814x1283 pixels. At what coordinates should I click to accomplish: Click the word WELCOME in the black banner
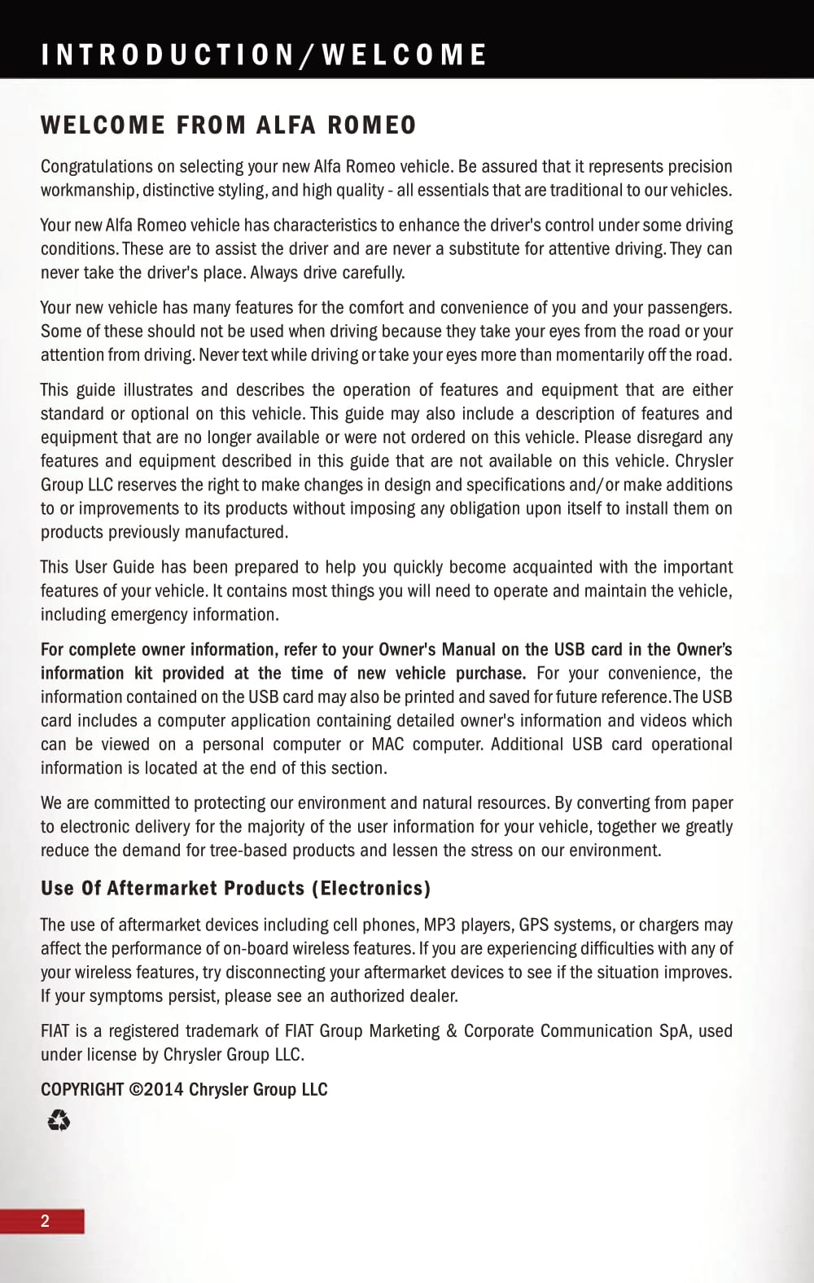[405, 55]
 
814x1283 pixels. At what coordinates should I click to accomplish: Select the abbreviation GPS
[534, 925]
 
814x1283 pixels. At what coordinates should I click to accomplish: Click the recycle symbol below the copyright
[59, 1122]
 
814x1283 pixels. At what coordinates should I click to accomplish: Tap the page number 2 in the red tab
[45, 1220]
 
